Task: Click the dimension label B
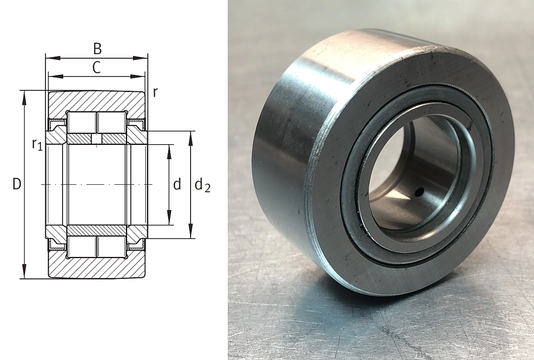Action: (x=97, y=49)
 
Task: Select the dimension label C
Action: (x=96, y=67)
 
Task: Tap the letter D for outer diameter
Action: (x=17, y=185)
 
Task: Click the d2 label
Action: (x=202, y=185)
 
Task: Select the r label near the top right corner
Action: (x=155, y=92)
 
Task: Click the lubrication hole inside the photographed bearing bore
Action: (x=420, y=191)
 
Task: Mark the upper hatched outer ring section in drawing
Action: (x=96, y=101)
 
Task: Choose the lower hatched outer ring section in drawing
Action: (x=96, y=268)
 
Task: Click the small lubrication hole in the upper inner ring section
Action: (x=96, y=139)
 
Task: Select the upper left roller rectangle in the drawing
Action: (x=82, y=122)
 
